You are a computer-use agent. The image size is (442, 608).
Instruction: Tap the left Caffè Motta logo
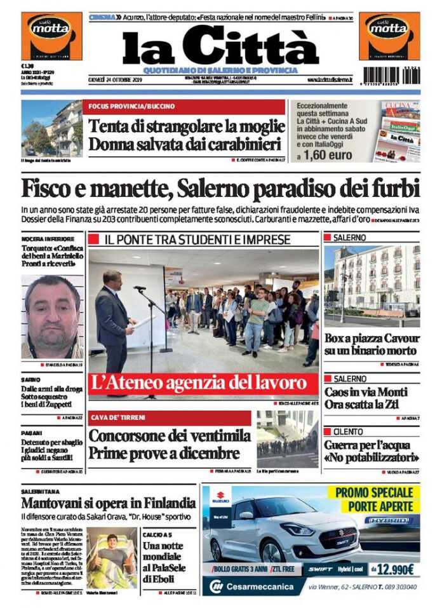point(51,36)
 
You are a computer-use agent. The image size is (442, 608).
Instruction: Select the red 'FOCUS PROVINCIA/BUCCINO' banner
point(183,107)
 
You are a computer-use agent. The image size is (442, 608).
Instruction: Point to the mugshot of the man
point(52,316)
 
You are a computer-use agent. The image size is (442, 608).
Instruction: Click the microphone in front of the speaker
point(140,288)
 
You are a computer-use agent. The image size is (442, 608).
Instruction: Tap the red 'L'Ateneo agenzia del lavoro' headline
point(203,382)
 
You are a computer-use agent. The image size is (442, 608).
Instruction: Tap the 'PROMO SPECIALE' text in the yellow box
point(374,492)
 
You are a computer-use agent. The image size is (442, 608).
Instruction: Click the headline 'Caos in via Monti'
point(366,392)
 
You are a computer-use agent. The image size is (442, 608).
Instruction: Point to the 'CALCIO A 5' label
point(158,535)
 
